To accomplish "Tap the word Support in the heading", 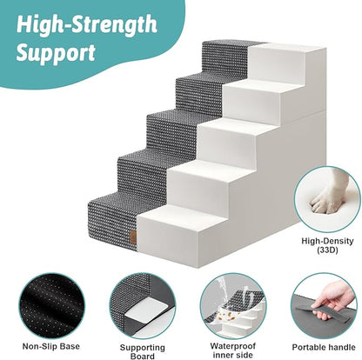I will (57, 54).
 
